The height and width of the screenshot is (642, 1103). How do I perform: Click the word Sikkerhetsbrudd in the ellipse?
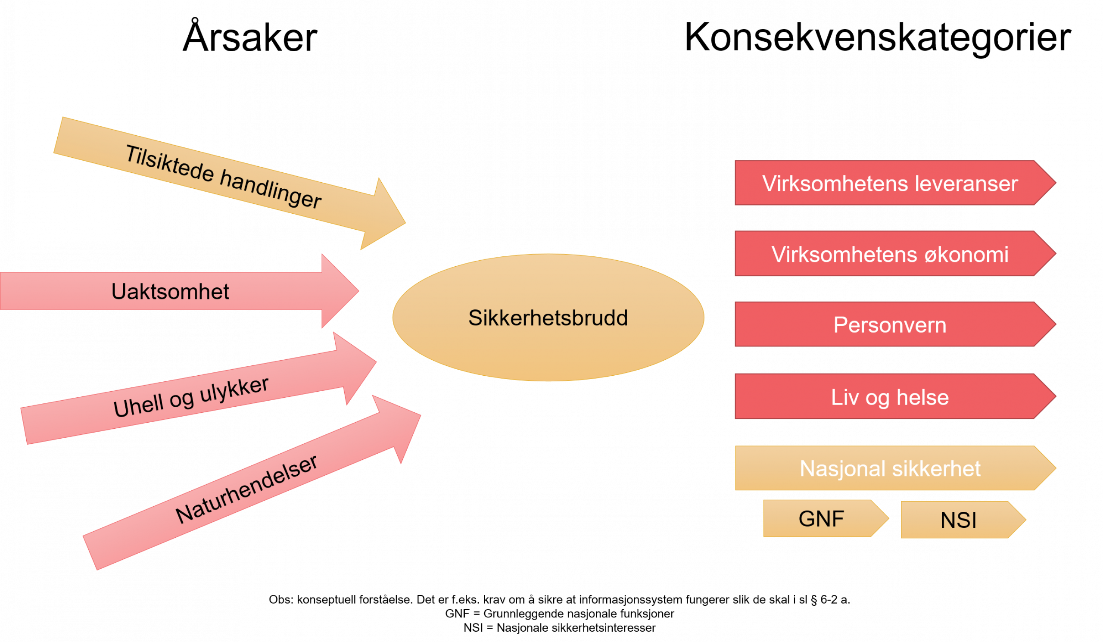click(548, 318)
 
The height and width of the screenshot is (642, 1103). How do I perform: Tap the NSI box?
click(958, 520)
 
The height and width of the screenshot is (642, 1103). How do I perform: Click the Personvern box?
click(889, 325)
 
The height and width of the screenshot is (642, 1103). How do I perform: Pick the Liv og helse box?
click(889, 397)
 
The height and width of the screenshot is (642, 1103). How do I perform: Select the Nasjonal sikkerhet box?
click(889, 469)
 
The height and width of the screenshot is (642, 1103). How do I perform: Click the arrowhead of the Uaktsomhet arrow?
click(339, 290)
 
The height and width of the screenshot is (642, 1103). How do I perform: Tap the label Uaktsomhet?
click(170, 291)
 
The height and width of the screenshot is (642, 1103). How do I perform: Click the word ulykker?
click(234, 389)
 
